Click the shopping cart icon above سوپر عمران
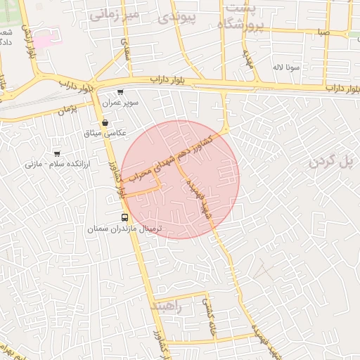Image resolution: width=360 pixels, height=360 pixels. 121,92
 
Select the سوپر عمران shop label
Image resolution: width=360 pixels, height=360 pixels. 121,103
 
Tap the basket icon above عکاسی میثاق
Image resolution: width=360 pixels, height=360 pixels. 105,122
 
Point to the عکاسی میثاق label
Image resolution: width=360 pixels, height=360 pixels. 105,132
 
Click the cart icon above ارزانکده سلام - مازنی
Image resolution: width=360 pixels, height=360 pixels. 57,153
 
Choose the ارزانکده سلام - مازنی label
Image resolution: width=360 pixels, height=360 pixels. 53,164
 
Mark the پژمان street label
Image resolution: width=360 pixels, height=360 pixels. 67,109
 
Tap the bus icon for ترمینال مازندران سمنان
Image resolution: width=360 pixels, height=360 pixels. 124,218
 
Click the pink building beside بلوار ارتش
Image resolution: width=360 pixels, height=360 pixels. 44,42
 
